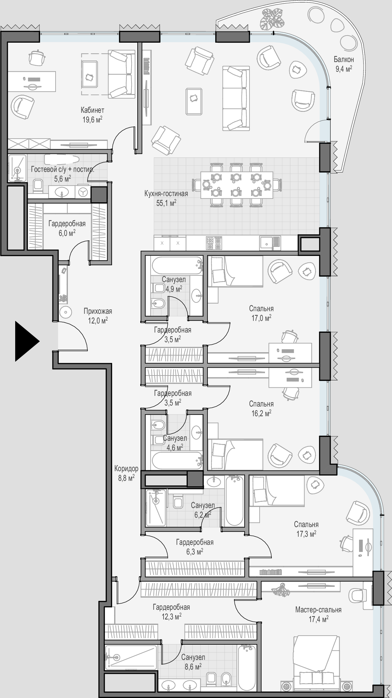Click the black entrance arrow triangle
pyautogui.click(x=26, y=341)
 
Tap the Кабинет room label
pyautogui.click(x=93, y=110)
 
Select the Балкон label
pyautogui.click(x=344, y=59)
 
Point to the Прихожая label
pyautogui.click(x=98, y=311)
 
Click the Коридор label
pyautogui.click(x=126, y=468)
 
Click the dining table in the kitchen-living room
pyautogui.click(x=236, y=185)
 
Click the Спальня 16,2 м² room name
pyautogui.click(x=261, y=404)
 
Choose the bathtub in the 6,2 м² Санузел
pyautogui.click(x=234, y=501)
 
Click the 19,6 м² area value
pyautogui.click(x=92, y=120)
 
